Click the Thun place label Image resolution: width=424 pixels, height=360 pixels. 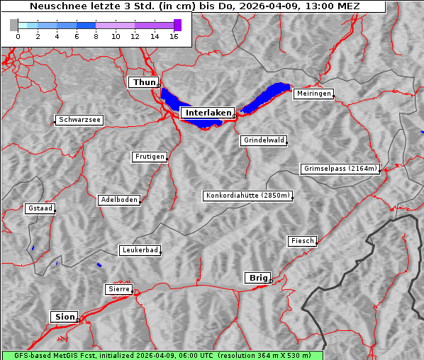143,83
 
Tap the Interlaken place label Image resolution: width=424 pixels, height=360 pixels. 207,113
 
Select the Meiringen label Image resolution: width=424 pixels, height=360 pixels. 313,94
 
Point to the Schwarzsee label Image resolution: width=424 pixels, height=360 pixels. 79,120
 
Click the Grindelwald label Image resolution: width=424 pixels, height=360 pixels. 264,140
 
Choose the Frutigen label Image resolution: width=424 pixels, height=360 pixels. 150,157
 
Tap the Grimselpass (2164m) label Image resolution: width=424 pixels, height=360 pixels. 340,169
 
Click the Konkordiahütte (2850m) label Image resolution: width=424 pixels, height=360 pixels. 247,196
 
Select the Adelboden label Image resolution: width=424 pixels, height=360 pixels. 118,200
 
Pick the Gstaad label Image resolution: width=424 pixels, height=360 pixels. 40,208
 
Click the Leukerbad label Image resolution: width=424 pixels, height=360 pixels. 140,250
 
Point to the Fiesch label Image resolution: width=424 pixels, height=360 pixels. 302,241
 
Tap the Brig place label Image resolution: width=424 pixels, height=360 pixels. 257,278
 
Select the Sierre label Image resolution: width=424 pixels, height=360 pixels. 118,289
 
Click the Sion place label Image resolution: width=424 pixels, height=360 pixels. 64,317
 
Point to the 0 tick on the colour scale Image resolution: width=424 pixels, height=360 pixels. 18,37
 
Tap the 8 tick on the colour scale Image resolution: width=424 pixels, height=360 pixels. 96,37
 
